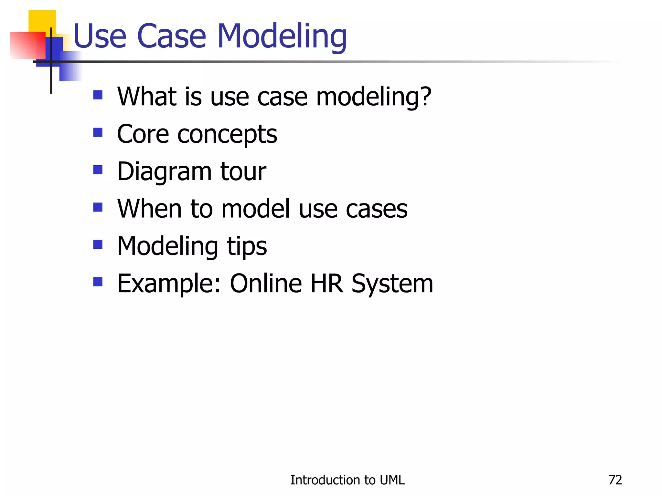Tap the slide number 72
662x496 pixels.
[615, 480]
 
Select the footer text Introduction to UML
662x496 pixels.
[347, 480]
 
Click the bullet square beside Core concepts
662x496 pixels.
[98, 132]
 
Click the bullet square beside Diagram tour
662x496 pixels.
[98, 170]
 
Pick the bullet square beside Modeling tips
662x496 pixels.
[98, 244]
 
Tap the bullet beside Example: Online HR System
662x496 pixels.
[98, 282]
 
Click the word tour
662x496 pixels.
[243, 171]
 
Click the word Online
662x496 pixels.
[266, 284]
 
